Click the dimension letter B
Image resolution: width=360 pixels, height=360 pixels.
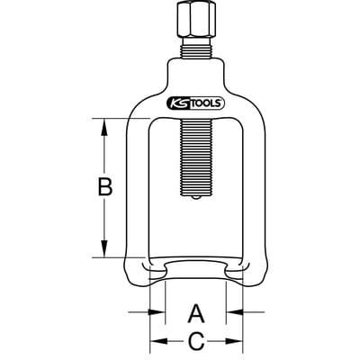(105, 186)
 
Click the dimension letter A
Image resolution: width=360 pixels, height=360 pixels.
(196, 314)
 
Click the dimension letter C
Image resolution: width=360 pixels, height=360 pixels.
(196, 341)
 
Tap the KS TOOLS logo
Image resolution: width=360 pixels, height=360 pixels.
(195, 103)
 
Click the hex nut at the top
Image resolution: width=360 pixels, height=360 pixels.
(195, 21)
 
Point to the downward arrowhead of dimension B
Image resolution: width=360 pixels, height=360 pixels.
(104, 248)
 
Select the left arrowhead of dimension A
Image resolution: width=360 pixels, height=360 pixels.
(157, 312)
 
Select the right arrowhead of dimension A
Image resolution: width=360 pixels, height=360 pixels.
(234, 312)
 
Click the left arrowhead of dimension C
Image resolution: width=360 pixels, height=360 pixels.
(158, 341)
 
